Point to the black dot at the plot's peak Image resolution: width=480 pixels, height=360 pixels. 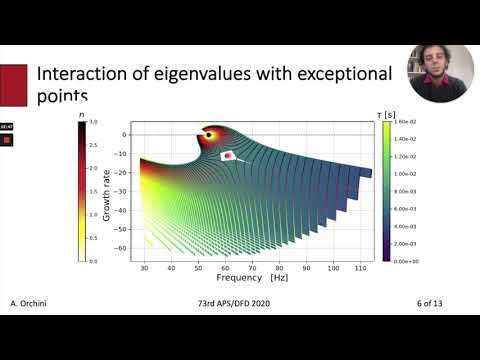coord(207,135)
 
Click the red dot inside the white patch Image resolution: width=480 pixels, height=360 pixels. coord(229,156)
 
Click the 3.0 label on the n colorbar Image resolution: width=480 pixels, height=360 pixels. coord(92,121)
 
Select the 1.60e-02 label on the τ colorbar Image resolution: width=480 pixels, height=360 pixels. coord(409,120)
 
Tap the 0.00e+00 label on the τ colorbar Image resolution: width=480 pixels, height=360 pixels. coord(409,260)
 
